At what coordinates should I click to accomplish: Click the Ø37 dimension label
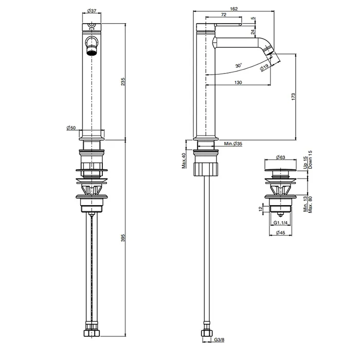pyautogui.click(x=92, y=11)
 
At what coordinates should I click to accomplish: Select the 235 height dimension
pyautogui.click(x=123, y=82)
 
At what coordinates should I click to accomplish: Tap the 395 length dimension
pyautogui.click(x=123, y=238)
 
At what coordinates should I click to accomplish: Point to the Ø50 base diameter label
pyautogui.click(x=71, y=128)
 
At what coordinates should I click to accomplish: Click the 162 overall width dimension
pyautogui.click(x=233, y=9)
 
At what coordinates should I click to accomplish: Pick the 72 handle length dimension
pyautogui.click(x=224, y=15)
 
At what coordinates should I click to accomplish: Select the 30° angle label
pyautogui.click(x=239, y=66)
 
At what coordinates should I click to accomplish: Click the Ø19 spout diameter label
pyautogui.click(x=264, y=67)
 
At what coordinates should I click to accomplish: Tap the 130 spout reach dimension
pyautogui.click(x=238, y=82)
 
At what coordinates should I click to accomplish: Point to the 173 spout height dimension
pyautogui.click(x=293, y=97)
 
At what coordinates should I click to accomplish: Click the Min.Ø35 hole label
pyautogui.click(x=233, y=143)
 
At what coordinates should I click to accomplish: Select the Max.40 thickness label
pyautogui.click(x=184, y=160)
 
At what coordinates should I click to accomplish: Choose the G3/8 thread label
pyautogui.click(x=219, y=339)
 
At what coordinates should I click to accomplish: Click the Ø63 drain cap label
pyautogui.click(x=281, y=157)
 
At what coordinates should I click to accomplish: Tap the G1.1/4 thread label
pyautogui.click(x=280, y=223)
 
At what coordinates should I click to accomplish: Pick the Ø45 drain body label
pyautogui.click(x=280, y=232)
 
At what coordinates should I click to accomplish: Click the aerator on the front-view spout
pyautogui.click(x=92, y=50)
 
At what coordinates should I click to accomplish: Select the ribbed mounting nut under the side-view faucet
pyautogui.click(x=206, y=169)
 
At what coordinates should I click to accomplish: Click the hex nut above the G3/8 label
pyautogui.click(x=206, y=333)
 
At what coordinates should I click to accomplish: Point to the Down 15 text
pyautogui.click(x=311, y=159)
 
